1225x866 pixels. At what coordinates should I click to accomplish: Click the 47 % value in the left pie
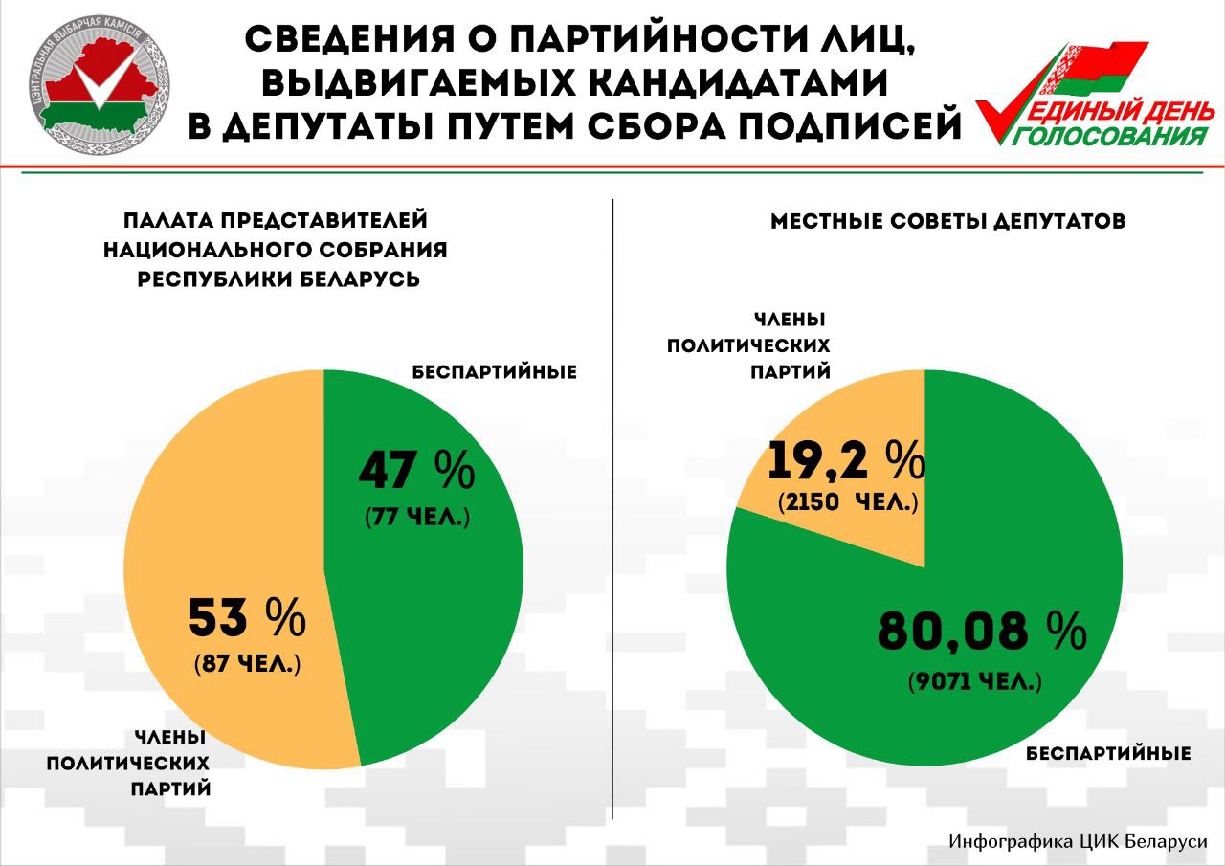[417, 470]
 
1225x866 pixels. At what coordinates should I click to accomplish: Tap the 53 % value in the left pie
[246, 618]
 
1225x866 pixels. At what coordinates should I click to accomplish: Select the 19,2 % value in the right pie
[845, 460]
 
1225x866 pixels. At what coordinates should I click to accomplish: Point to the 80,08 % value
[982, 632]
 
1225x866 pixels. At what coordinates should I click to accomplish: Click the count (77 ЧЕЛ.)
[417, 517]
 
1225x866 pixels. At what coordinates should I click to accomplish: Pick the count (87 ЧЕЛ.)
[247, 663]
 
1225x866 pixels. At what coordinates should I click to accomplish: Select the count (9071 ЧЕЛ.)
[974, 682]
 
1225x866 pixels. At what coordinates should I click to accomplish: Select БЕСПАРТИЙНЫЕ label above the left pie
[495, 371]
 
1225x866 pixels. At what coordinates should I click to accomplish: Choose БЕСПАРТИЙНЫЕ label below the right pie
[1108, 753]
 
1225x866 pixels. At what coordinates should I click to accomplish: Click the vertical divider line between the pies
[612, 507]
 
